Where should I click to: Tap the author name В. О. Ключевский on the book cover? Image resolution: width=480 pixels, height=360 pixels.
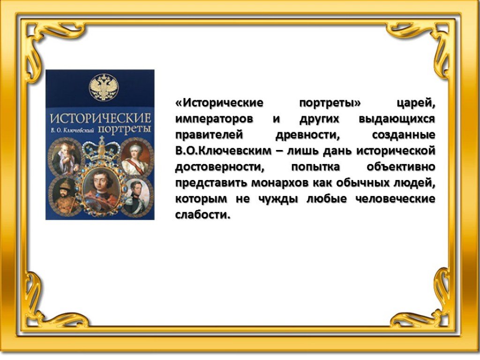click(73, 130)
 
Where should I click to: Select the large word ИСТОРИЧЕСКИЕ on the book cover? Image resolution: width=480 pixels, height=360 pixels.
click(101, 118)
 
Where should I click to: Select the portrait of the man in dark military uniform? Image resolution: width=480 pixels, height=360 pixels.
click(138, 196)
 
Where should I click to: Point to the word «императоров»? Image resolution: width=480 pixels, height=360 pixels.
click(214, 119)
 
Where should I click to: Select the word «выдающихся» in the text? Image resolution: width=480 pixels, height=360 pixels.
click(397, 119)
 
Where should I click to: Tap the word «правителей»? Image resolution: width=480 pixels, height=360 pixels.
click(210, 135)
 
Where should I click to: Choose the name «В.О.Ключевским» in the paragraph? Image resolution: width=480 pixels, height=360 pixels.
click(224, 150)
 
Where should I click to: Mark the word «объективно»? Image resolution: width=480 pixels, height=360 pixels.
click(401, 167)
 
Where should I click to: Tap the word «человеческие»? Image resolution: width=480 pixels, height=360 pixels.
click(395, 199)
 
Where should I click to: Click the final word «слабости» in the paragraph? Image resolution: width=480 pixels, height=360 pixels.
click(202, 215)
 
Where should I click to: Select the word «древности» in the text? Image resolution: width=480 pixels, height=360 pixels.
click(307, 135)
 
